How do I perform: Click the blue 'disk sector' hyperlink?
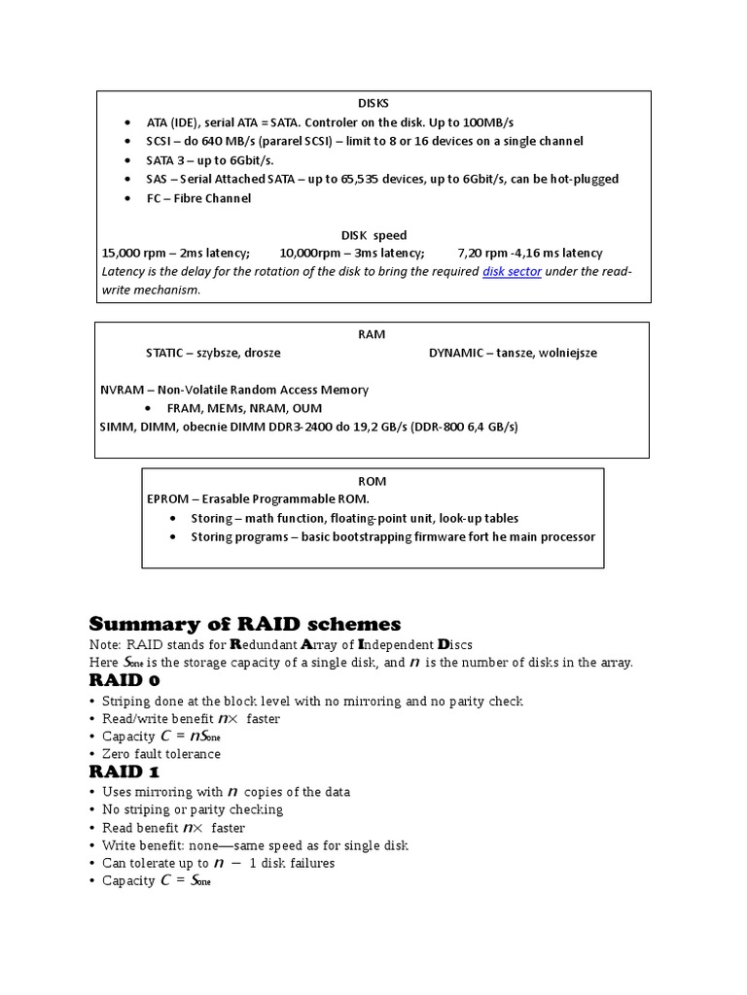(512, 272)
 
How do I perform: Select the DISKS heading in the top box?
(373, 103)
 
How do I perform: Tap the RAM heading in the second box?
(372, 334)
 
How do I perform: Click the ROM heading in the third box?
(372, 481)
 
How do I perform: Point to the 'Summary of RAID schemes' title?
(244, 624)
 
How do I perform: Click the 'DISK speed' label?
(373, 235)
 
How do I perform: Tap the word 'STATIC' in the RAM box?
(167, 353)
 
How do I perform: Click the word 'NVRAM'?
(121, 390)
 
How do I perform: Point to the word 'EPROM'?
(168, 498)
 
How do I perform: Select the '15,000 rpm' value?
(135, 253)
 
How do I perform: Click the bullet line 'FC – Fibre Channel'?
(198, 198)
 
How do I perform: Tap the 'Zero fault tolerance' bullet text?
(161, 754)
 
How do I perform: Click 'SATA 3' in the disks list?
(167, 160)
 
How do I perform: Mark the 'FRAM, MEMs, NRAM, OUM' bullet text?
(244, 408)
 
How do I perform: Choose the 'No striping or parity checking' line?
(193, 809)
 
